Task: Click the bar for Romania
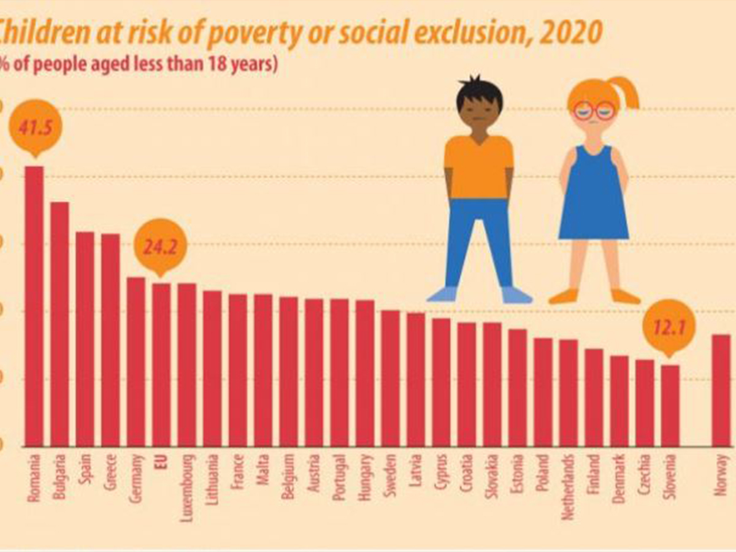(x=34, y=307)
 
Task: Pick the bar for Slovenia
(x=670, y=405)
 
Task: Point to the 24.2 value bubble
(x=160, y=247)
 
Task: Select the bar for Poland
(x=543, y=392)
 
